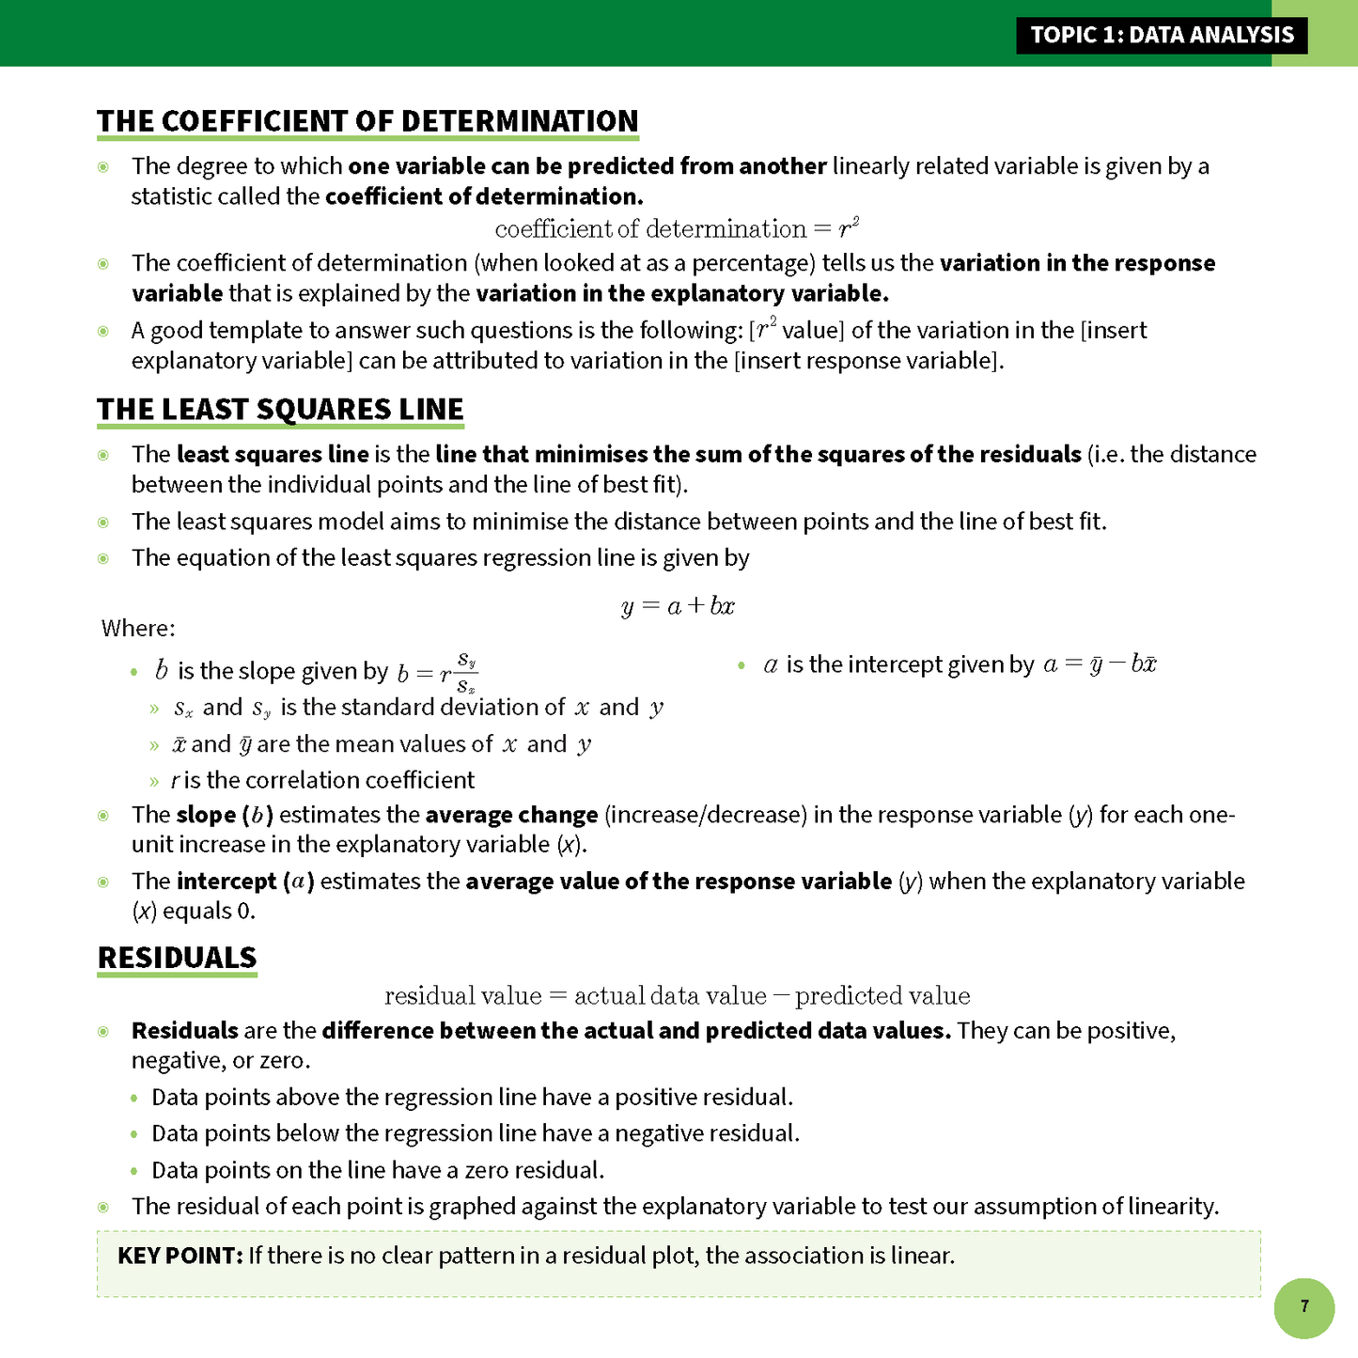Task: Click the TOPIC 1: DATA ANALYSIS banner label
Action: point(1162,36)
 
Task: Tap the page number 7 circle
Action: point(1303,1307)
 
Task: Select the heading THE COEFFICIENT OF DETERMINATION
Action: point(367,121)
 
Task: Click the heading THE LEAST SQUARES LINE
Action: point(280,410)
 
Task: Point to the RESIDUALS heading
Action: point(177,958)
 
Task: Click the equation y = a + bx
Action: point(678,606)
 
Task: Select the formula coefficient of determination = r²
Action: point(677,229)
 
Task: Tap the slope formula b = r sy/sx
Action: point(437,671)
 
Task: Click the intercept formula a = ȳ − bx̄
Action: point(1100,664)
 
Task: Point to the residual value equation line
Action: point(677,996)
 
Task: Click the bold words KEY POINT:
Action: point(180,1256)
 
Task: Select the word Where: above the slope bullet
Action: point(138,628)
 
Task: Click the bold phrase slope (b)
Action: point(225,815)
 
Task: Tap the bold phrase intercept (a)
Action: point(245,882)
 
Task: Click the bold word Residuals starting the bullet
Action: point(184,1031)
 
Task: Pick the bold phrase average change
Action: point(511,815)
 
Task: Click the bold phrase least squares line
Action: point(273,455)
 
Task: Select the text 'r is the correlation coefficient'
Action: point(322,780)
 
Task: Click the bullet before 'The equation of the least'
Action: point(103,558)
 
